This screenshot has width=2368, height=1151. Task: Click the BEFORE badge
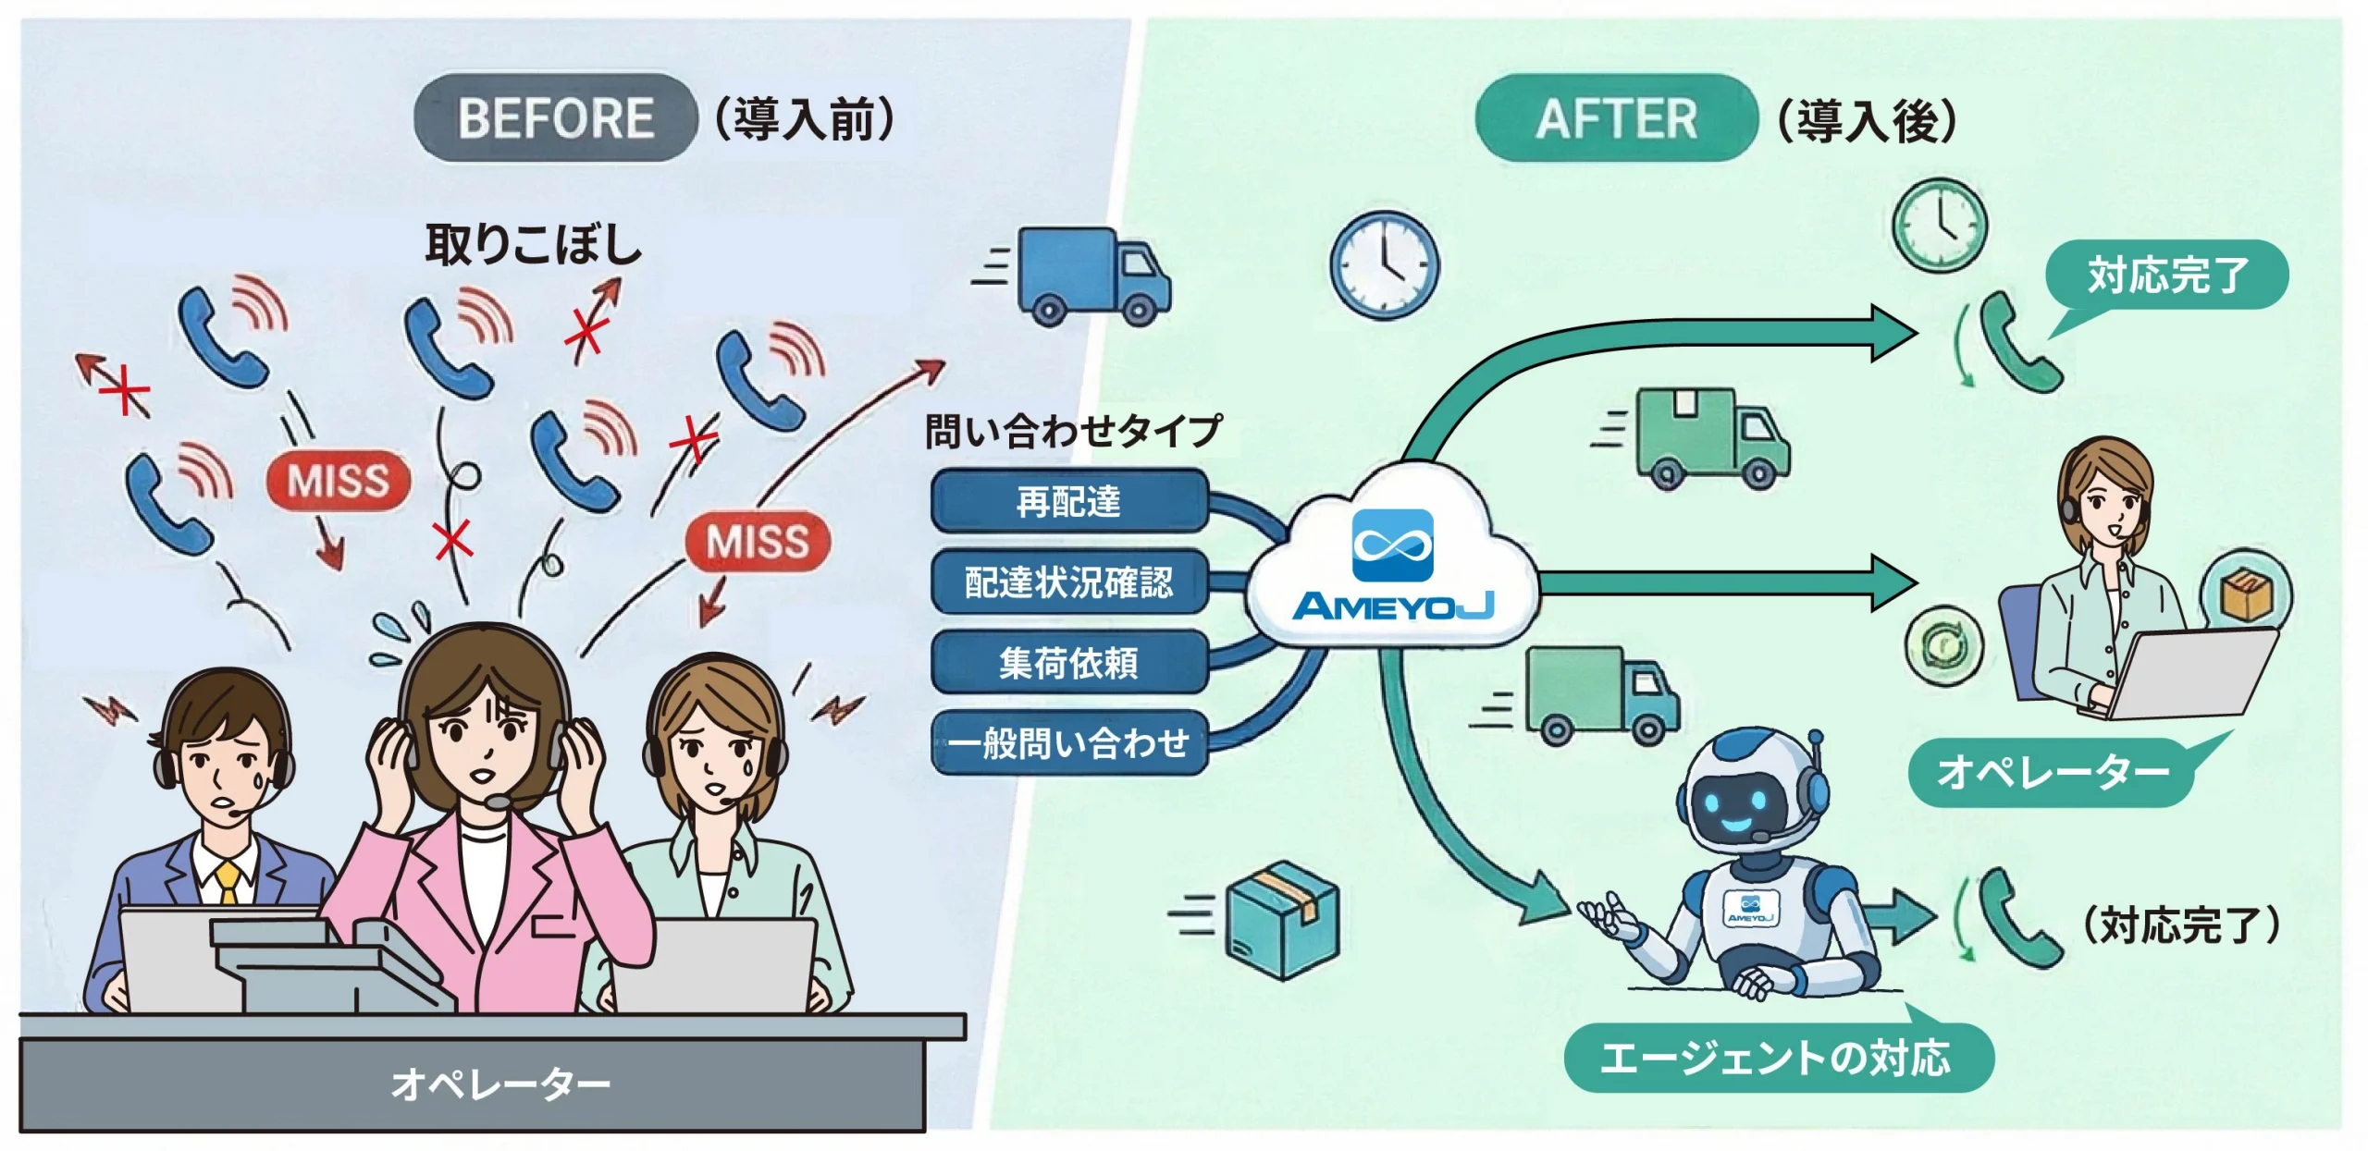click(555, 118)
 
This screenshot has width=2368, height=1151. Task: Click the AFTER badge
click(1615, 118)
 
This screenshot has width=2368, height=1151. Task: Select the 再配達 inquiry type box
click(1069, 501)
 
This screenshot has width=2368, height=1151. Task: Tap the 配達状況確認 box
click(1069, 582)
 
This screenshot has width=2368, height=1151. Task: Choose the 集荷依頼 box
click(1069, 662)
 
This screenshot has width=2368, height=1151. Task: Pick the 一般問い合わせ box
click(1069, 742)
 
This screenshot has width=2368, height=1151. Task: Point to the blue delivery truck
click(1091, 276)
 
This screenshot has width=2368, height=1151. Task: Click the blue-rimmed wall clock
click(1384, 265)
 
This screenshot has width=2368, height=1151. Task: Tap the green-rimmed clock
click(1939, 225)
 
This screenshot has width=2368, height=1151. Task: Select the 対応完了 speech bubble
click(2166, 276)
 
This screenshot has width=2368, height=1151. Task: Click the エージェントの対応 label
click(1776, 1058)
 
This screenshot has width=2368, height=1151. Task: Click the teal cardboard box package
click(1282, 919)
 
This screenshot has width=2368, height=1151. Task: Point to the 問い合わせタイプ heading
click(1073, 431)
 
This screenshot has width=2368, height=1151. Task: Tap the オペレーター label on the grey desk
click(499, 1084)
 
